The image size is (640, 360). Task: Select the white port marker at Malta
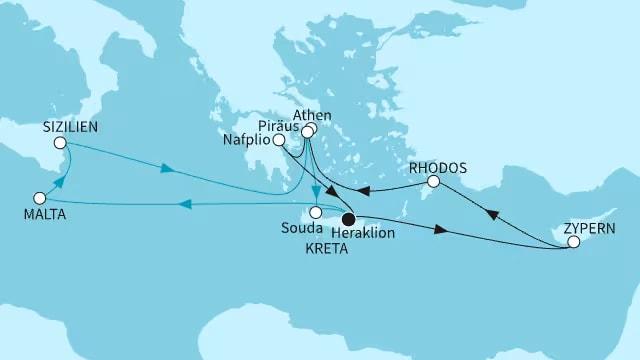coord(40,198)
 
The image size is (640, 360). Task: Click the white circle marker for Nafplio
coord(280,141)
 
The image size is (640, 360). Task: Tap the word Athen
coord(312,115)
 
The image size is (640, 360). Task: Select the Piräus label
coord(279,127)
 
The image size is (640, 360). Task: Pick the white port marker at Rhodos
coord(433,182)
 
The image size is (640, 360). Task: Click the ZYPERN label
coord(588,227)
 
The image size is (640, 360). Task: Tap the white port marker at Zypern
coord(573,241)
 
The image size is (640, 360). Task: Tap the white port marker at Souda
coord(315,212)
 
